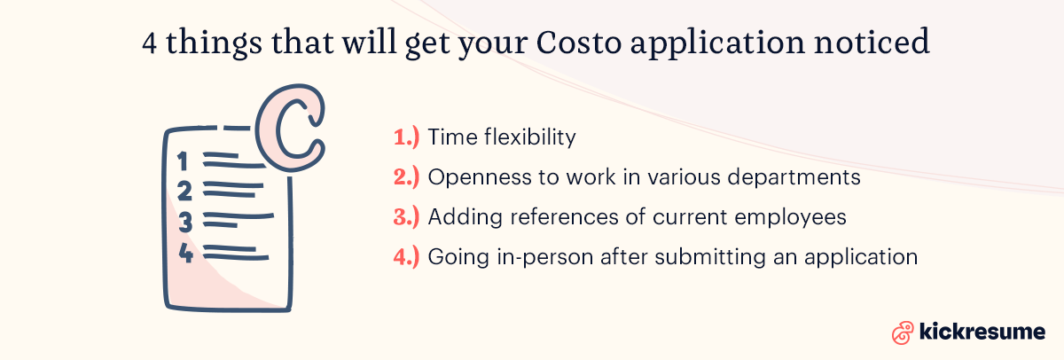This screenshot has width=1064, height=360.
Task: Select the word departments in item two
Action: click(801, 177)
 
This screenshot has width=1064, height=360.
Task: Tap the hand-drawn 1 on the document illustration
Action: click(184, 161)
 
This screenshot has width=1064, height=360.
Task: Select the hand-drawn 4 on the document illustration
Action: click(186, 254)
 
